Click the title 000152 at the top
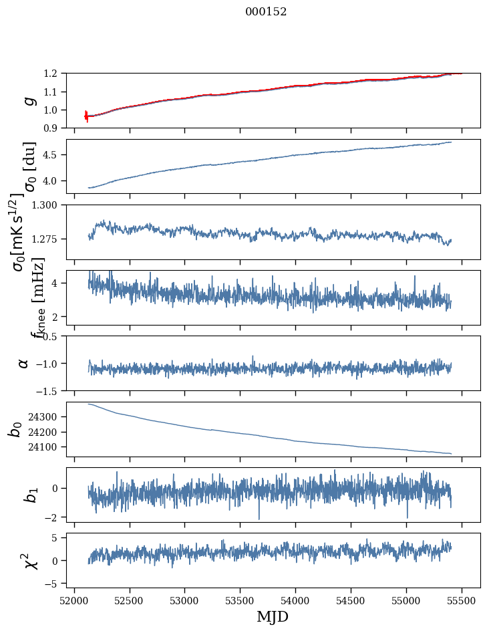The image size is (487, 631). pyautogui.click(x=266, y=12)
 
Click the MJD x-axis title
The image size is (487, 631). pyautogui.click(x=273, y=617)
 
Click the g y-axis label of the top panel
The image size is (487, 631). pyautogui.click(x=29, y=100)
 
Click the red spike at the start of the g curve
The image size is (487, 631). pyautogui.click(x=86, y=116)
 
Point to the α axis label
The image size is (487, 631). pyautogui.click(x=23, y=363)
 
